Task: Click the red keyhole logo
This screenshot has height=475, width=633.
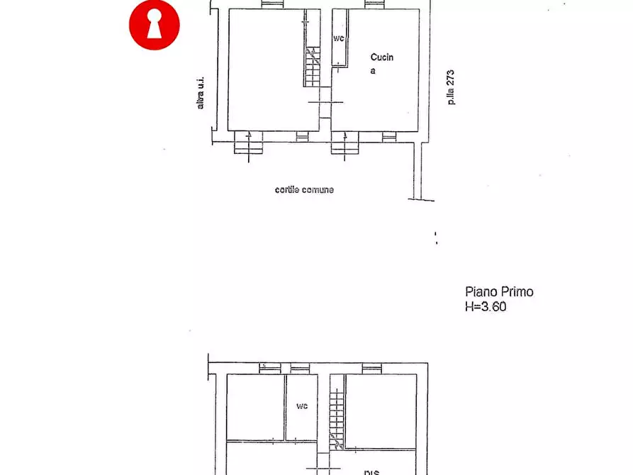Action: click(x=154, y=25)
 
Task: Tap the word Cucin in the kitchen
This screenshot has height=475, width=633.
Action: click(x=382, y=57)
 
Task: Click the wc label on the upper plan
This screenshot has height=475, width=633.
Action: click(x=339, y=38)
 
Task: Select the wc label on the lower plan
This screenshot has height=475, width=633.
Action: click(x=302, y=406)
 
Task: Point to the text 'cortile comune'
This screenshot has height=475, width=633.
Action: click(x=304, y=190)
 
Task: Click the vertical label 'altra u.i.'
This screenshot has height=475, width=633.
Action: click(x=201, y=93)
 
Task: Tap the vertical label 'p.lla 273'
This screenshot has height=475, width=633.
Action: click(x=451, y=87)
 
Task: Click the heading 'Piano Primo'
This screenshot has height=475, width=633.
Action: click(x=499, y=291)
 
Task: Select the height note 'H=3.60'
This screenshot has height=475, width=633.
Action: click(x=486, y=307)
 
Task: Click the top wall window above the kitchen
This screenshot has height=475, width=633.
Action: click(x=374, y=4)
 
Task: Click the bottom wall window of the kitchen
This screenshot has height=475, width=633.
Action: click(x=389, y=136)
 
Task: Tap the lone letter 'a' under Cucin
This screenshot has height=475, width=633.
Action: click(x=373, y=72)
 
